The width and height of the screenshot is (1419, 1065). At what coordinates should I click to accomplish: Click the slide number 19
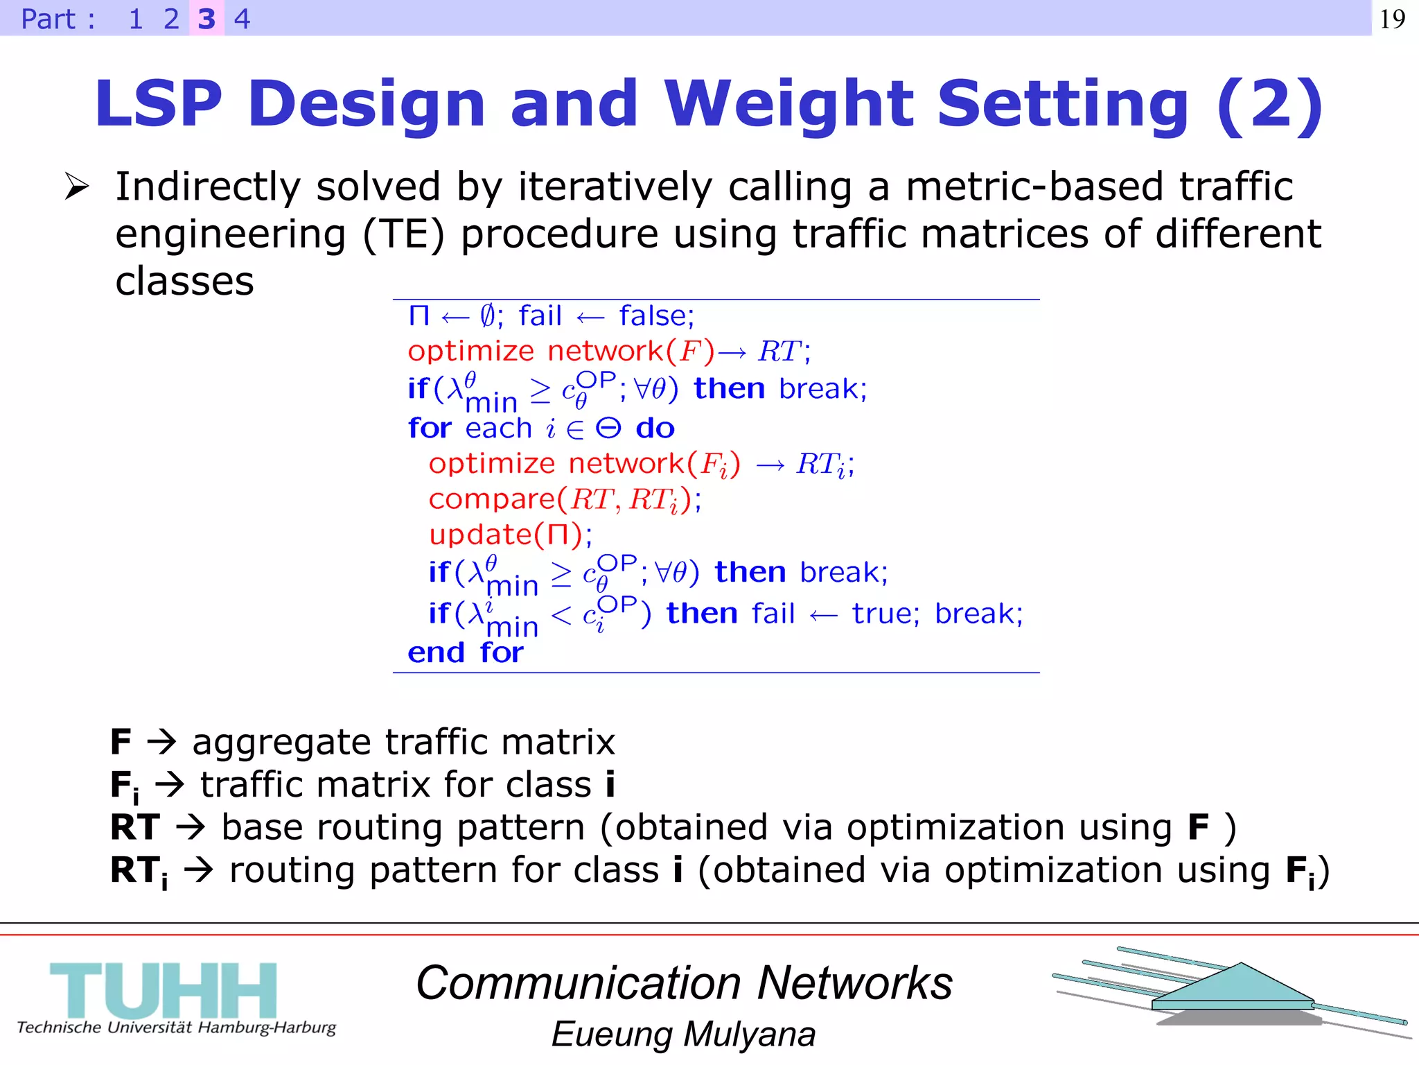click(1392, 19)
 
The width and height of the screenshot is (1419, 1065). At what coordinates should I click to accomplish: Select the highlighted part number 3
click(206, 19)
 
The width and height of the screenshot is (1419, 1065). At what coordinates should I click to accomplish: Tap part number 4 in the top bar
click(242, 19)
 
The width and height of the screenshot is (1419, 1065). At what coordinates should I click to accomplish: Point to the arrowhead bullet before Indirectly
click(76, 187)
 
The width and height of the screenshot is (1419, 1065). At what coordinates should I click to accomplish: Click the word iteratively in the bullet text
click(615, 187)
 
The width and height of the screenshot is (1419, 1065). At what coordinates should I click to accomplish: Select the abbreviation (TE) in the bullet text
click(403, 234)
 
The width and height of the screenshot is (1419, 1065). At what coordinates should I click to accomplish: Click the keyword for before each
click(430, 428)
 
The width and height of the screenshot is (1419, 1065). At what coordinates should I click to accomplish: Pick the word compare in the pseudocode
click(492, 499)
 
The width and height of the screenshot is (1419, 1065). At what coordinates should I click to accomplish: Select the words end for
click(465, 652)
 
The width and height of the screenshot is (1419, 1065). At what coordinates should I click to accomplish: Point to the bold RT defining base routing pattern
click(135, 827)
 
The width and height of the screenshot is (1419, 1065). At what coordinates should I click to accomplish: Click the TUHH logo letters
click(164, 990)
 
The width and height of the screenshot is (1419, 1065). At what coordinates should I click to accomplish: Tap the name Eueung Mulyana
click(683, 1034)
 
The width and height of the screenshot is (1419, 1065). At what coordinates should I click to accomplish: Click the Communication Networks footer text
click(684, 983)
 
